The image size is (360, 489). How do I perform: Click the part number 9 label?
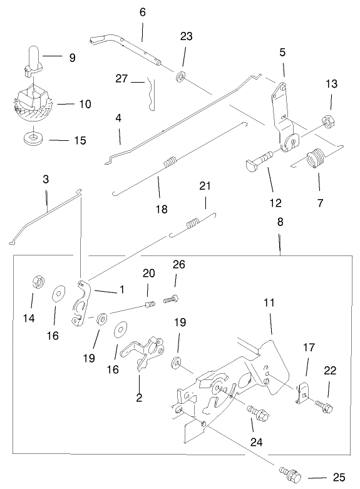73,58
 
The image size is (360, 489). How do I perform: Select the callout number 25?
339,477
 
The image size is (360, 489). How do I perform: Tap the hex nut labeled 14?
36,283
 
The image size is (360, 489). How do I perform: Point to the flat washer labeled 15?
29,138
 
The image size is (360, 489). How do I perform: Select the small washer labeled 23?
181,77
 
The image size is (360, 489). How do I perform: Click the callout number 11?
269,302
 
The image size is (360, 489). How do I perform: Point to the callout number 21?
205,186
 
